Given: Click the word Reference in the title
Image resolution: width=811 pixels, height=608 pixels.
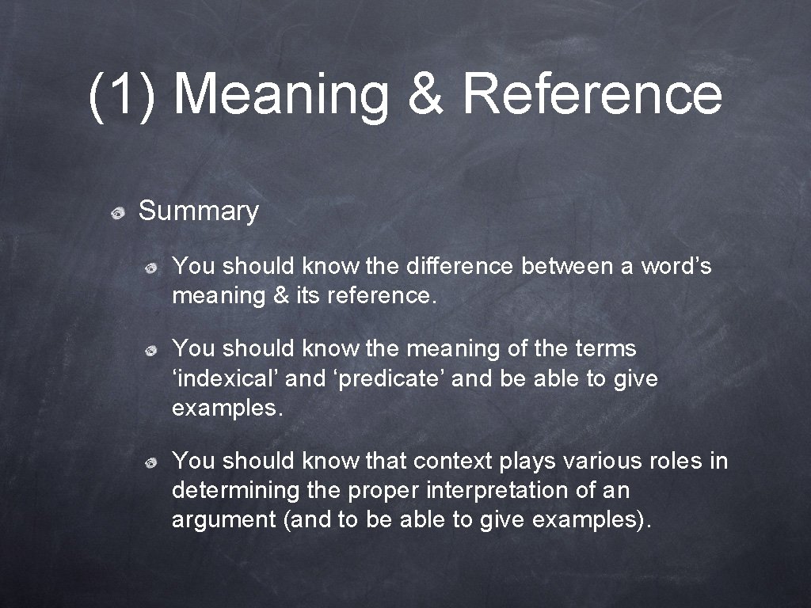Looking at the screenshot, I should click(592, 93).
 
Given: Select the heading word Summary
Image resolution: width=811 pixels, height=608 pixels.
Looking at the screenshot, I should click(198, 211).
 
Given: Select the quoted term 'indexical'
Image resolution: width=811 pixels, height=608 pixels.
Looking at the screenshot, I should click(225, 378).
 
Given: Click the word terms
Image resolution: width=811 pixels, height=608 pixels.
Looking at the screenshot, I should click(607, 348).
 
